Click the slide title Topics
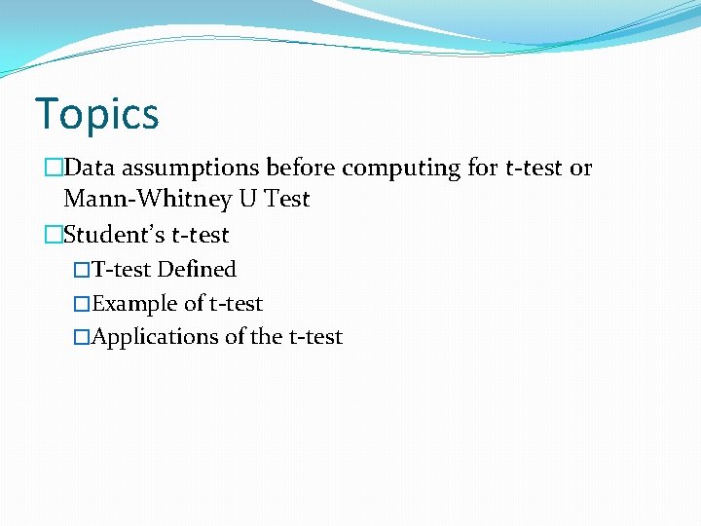[96, 114]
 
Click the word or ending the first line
[580, 169]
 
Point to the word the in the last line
[267, 337]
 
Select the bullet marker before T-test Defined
[82, 270]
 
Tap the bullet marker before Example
[82, 304]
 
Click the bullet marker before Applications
[82, 337]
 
